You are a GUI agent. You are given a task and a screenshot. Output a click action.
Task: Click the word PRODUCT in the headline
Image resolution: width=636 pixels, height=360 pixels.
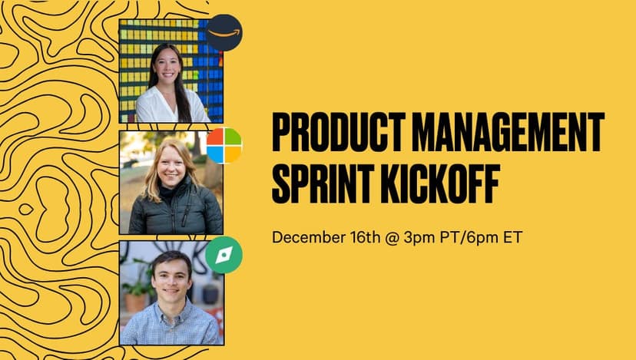pos(339,132)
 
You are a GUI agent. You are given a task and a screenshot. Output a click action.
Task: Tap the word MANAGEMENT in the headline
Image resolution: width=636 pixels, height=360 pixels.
pos(508,132)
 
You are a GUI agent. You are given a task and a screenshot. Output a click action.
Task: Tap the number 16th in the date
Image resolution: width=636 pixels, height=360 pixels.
pos(365,237)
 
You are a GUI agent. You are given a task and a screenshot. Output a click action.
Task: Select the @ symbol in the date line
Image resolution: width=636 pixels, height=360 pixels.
pos(392,237)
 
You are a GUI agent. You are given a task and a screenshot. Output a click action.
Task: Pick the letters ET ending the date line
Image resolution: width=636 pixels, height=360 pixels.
pos(512,237)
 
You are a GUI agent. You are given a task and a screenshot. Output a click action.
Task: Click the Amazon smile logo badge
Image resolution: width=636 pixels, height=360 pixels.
pos(224,33)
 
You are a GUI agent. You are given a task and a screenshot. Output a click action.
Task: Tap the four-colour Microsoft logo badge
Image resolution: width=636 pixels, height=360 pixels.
pos(224,146)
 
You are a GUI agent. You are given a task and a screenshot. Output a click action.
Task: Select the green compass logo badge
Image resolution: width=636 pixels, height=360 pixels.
pos(224,255)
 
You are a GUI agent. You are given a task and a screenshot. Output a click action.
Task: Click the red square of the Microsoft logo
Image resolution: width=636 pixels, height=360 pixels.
pos(215,137)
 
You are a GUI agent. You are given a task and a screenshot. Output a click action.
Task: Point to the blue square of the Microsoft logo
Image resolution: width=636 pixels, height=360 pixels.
pos(215,154)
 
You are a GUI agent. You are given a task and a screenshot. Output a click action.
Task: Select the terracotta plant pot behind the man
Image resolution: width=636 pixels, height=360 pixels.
pos(135,302)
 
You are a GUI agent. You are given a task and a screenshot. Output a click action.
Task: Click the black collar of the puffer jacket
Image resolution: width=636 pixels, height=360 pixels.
pos(171,190)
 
